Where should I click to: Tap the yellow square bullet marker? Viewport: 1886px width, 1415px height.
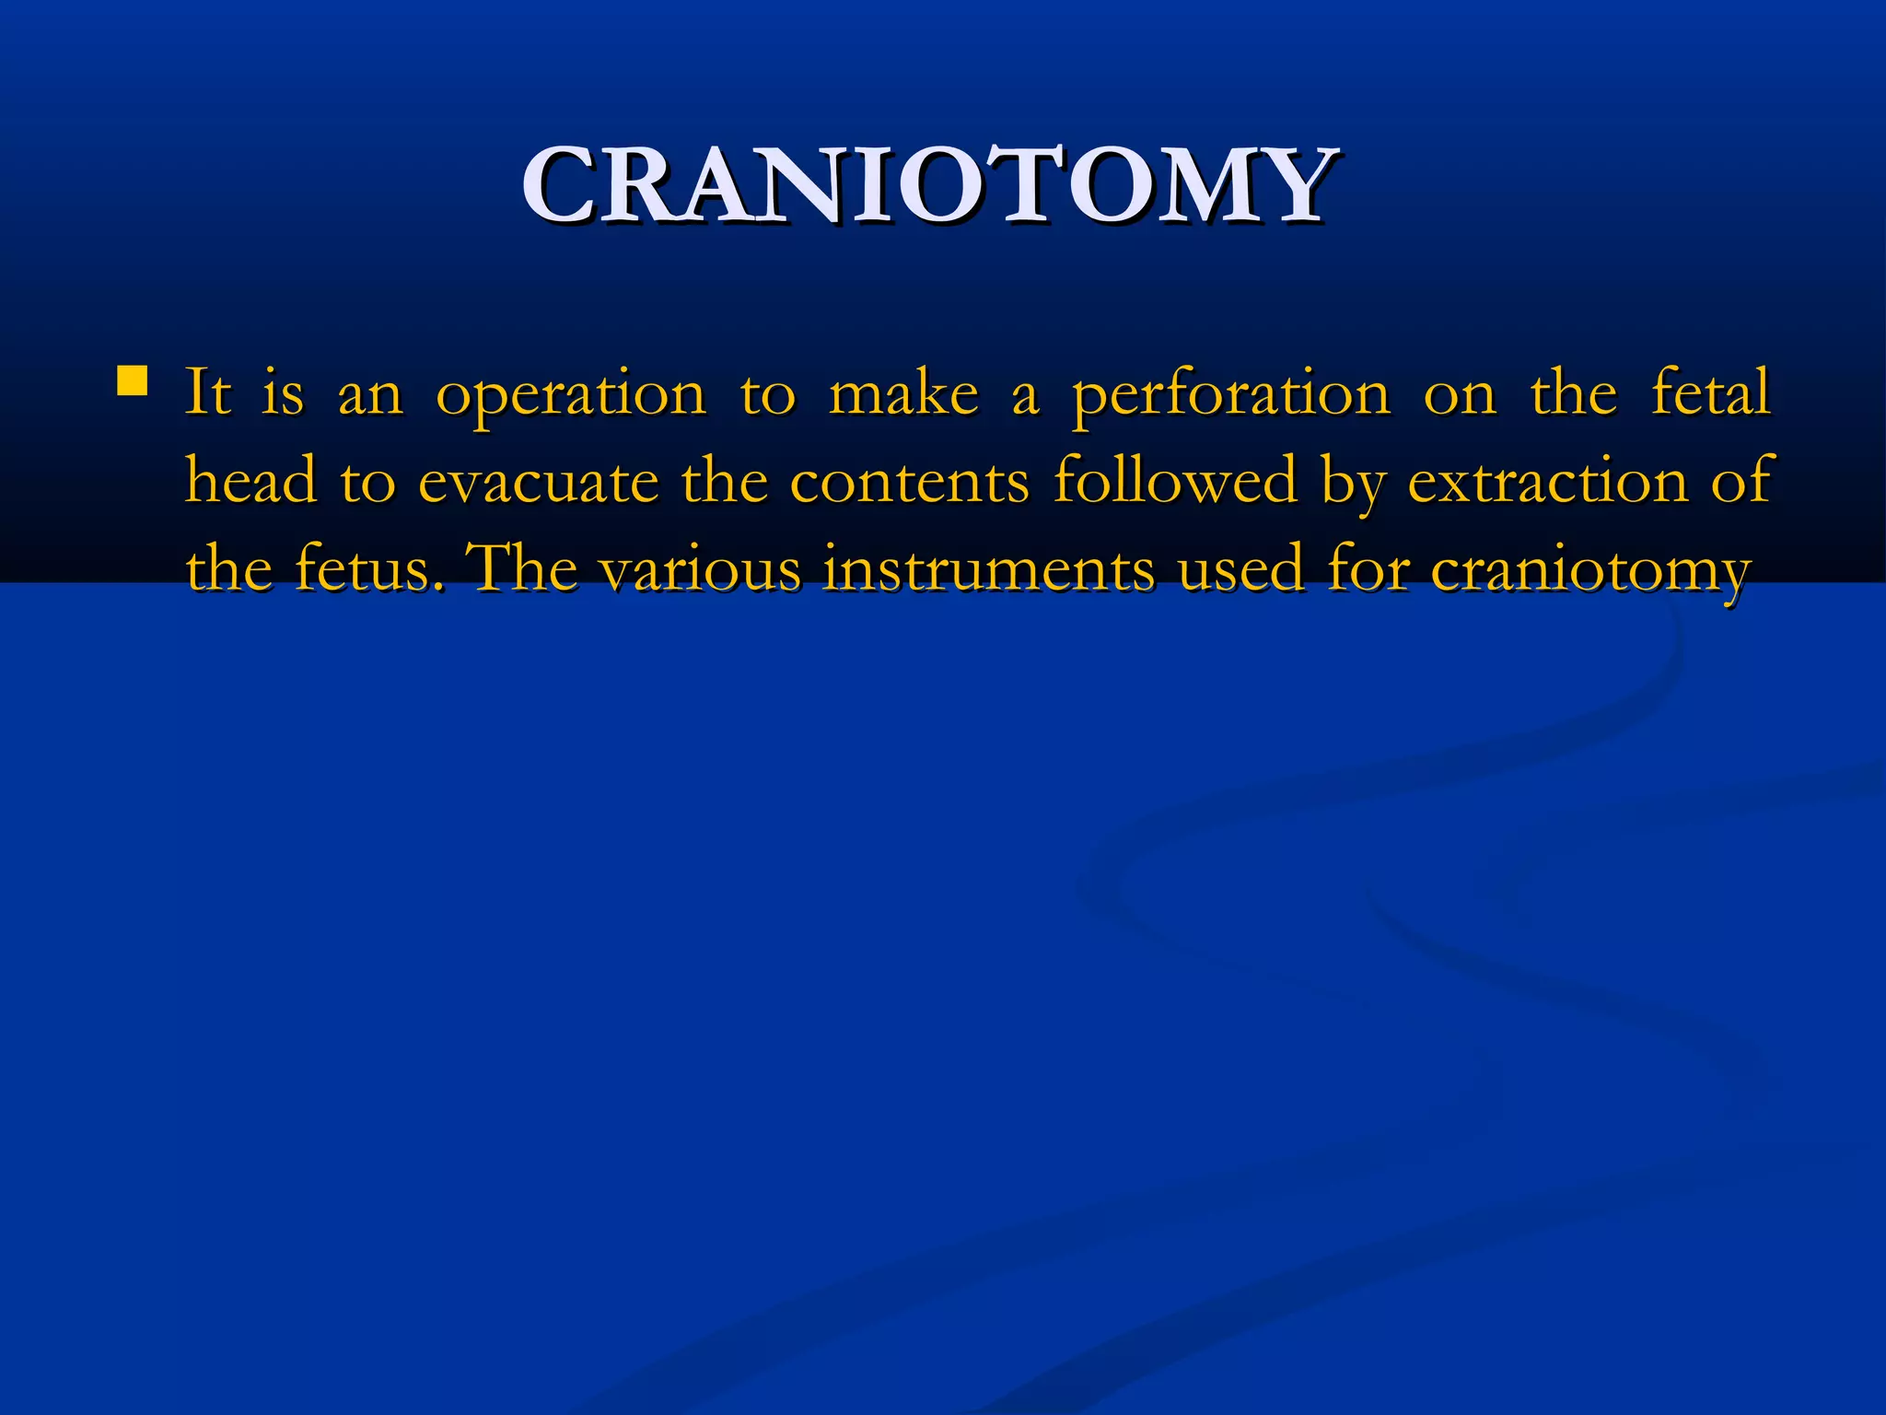click(133, 380)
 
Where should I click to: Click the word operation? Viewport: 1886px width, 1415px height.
click(571, 394)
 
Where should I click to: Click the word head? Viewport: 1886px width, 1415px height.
click(250, 481)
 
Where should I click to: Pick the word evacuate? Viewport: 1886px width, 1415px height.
click(539, 482)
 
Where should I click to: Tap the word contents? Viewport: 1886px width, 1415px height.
click(909, 482)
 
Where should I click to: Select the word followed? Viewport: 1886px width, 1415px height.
click(1175, 480)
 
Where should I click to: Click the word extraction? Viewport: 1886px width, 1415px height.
click(1548, 482)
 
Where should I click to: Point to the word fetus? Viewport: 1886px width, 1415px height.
click(364, 568)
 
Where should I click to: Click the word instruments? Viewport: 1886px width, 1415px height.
click(988, 569)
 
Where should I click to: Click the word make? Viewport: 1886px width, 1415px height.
click(903, 394)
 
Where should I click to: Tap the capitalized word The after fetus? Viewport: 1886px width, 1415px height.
click(524, 568)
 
